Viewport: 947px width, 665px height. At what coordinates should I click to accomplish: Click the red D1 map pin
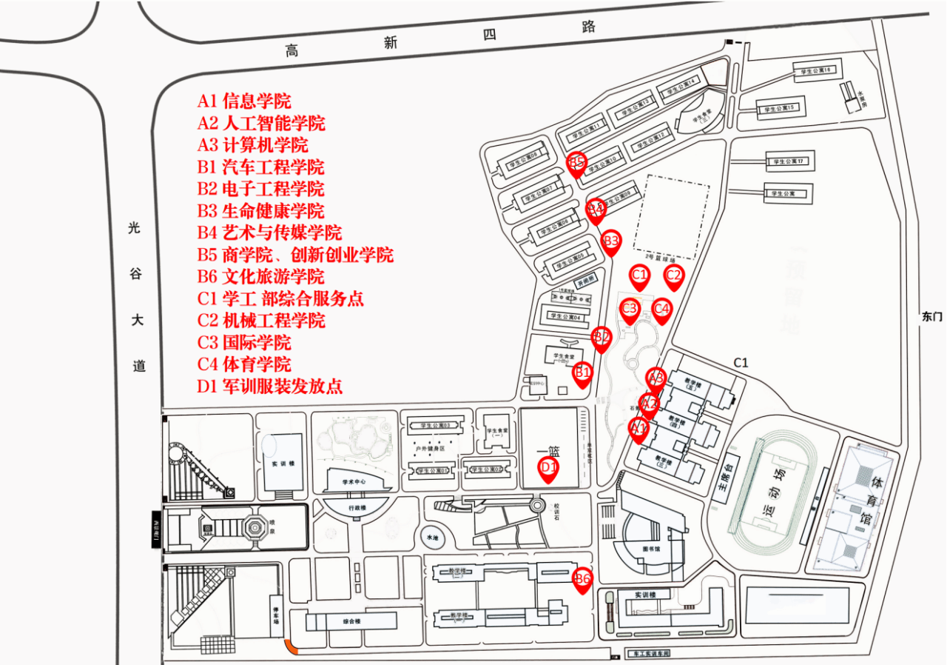[547, 469]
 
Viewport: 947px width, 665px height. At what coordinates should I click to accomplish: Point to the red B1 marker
[583, 372]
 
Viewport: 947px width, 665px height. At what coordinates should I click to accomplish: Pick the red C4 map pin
[661, 309]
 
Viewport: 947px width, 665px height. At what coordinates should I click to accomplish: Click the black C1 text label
[741, 362]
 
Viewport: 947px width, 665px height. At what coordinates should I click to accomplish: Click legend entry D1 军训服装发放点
[269, 386]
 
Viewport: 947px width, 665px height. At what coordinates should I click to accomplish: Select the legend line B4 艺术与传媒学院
[269, 233]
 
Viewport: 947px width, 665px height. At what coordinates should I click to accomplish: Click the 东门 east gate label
[931, 316]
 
